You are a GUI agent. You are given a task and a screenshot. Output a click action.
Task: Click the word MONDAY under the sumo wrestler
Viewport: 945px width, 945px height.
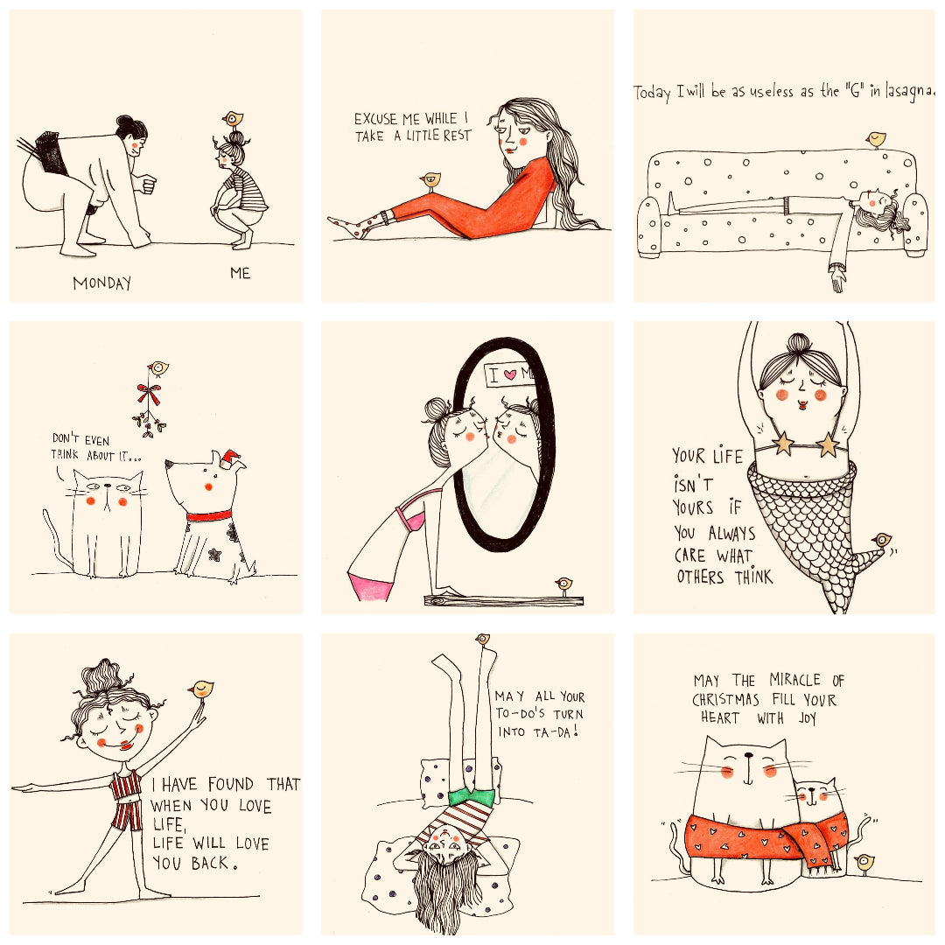point(101,283)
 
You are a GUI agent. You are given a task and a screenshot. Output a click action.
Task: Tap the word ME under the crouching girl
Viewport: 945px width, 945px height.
point(240,274)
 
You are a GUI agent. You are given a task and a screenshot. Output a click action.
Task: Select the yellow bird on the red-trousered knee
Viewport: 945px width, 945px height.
point(430,180)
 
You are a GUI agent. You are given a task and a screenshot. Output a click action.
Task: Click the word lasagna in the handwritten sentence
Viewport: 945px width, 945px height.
point(909,91)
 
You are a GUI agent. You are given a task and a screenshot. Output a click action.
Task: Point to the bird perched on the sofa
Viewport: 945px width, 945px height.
point(876,140)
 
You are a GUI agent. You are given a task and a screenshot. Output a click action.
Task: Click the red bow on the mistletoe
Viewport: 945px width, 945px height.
point(149,394)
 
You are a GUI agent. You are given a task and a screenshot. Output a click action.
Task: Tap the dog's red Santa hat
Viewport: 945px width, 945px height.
point(230,458)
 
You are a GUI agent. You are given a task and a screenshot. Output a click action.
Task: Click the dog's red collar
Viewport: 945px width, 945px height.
point(208,516)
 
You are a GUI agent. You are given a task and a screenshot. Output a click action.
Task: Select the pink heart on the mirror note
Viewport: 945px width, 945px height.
point(510,374)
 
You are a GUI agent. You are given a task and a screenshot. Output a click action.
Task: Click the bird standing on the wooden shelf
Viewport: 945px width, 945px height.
point(564,584)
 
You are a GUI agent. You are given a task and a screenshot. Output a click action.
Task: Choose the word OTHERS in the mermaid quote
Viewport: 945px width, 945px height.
point(700,577)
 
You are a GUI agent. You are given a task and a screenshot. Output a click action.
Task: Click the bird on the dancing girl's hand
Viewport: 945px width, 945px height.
point(202,689)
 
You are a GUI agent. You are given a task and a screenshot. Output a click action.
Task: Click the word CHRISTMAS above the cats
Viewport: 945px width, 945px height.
point(725,700)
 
